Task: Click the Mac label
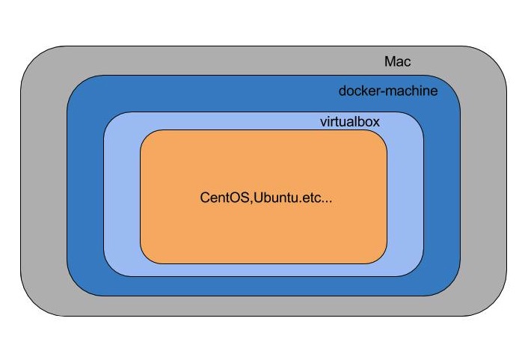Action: coord(397,62)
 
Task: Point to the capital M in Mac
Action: coord(390,62)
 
